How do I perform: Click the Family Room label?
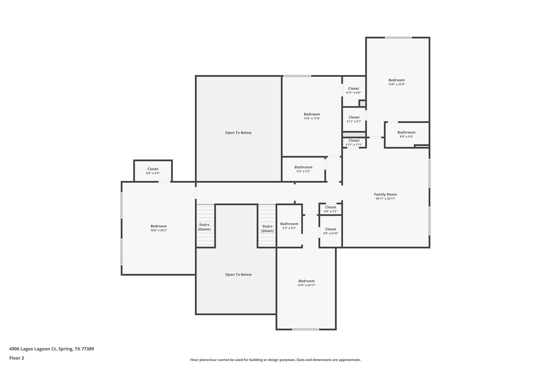pyautogui.click(x=385, y=194)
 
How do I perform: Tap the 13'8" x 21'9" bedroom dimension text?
pyautogui.click(x=396, y=84)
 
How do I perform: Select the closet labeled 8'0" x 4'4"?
pyautogui.click(x=153, y=171)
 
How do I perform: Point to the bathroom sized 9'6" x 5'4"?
pyautogui.click(x=406, y=134)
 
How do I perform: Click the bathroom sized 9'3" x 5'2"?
pyautogui.click(x=303, y=169)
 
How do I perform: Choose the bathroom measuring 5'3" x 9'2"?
pyautogui.click(x=289, y=226)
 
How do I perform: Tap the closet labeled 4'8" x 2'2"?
pyautogui.click(x=330, y=209)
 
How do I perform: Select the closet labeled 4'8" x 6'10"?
pyautogui.click(x=330, y=231)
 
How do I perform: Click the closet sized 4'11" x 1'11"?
pyautogui.click(x=354, y=142)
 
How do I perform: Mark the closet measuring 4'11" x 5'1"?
pyautogui.click(x=354, y=119)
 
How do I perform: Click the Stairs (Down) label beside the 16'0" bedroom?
pyautogui.click(x=204, y=227)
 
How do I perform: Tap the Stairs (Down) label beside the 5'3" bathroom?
pyautogui.click(x=267, y=228)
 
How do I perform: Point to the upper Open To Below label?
pyautogui.click(x=238, y=133)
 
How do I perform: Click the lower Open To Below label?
pyautogui.click(x=238, y=274)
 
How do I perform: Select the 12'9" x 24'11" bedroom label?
pyautogui.click(x=306, y=283)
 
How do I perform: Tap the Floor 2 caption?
pyautogui.click(x=16, y=358)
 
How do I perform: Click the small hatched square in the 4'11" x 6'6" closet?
pyautogui.click(x=363, y=103)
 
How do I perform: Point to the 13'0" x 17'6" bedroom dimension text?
pyautogui.click(x=312, y=118)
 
